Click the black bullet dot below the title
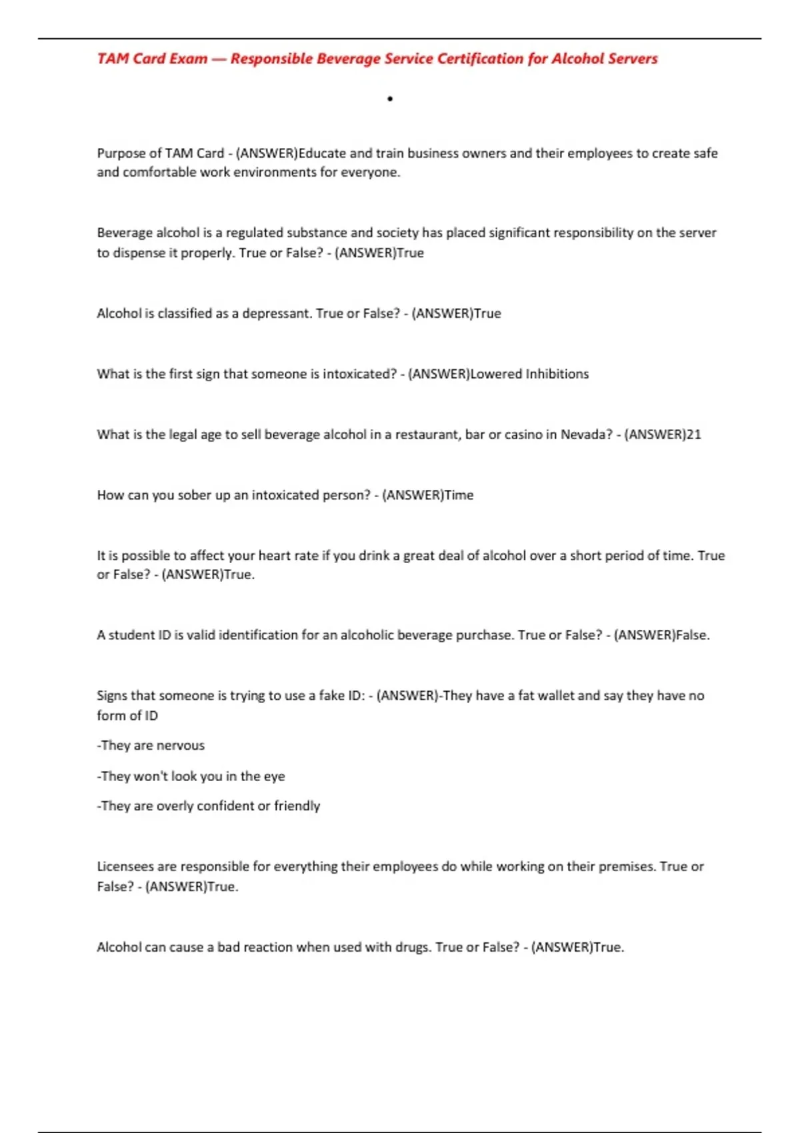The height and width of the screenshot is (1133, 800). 390,99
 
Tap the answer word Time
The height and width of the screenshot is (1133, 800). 459,495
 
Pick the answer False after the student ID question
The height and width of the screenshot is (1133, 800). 692,635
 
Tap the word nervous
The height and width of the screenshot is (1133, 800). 180,746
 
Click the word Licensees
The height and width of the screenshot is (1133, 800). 125,866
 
